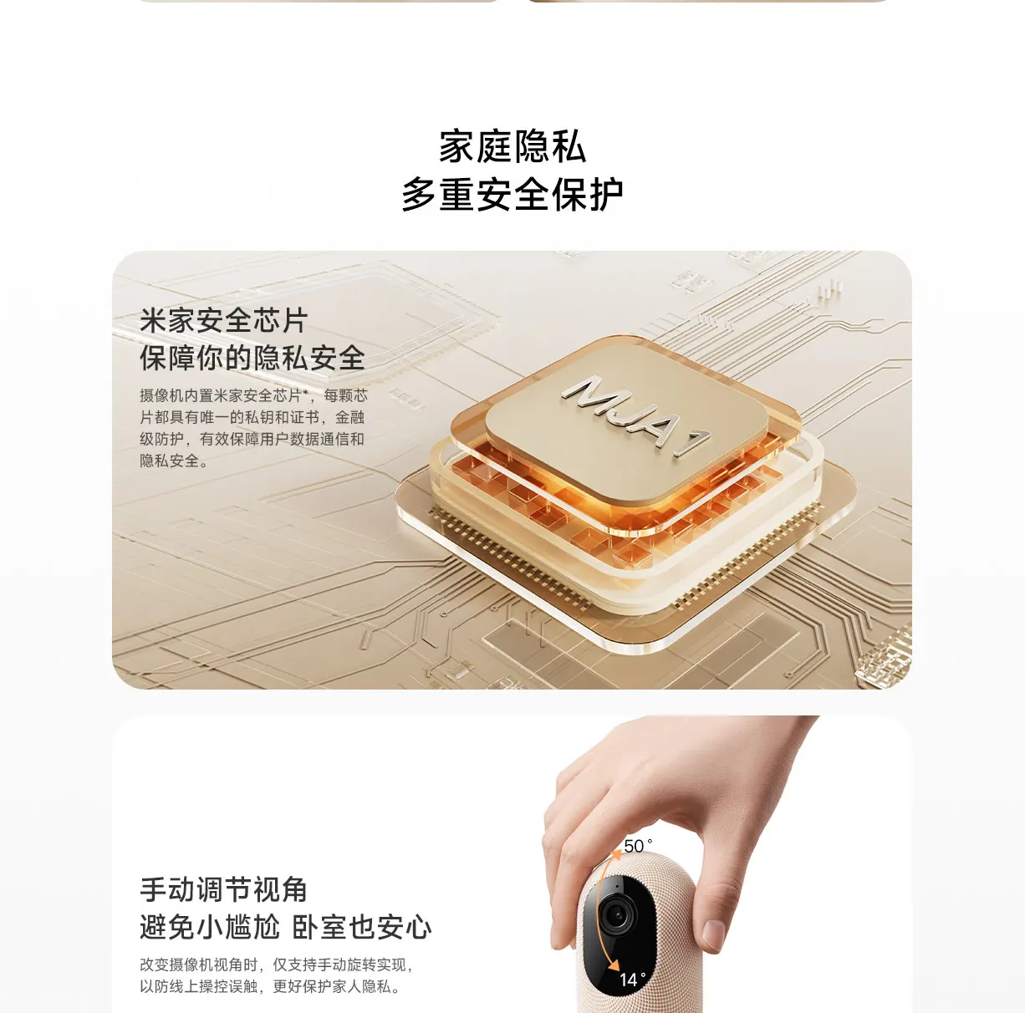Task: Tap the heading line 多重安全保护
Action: [512, 194]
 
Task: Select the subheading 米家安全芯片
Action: [224, 321]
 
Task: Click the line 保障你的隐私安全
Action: [252, 358]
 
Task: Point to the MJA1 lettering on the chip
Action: [635, 415]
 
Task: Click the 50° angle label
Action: [637, 846]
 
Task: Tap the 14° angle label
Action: [632, 980]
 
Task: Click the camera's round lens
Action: [618, 914]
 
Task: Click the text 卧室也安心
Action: [362, 928]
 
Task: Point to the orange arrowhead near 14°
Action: [614, 963]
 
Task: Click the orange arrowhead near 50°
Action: [616, 854]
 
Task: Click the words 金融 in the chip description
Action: [350, 417]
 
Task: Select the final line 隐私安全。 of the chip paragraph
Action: [174, 461]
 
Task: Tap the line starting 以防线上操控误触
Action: [270, 986]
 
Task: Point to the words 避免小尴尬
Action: [210, 928]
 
